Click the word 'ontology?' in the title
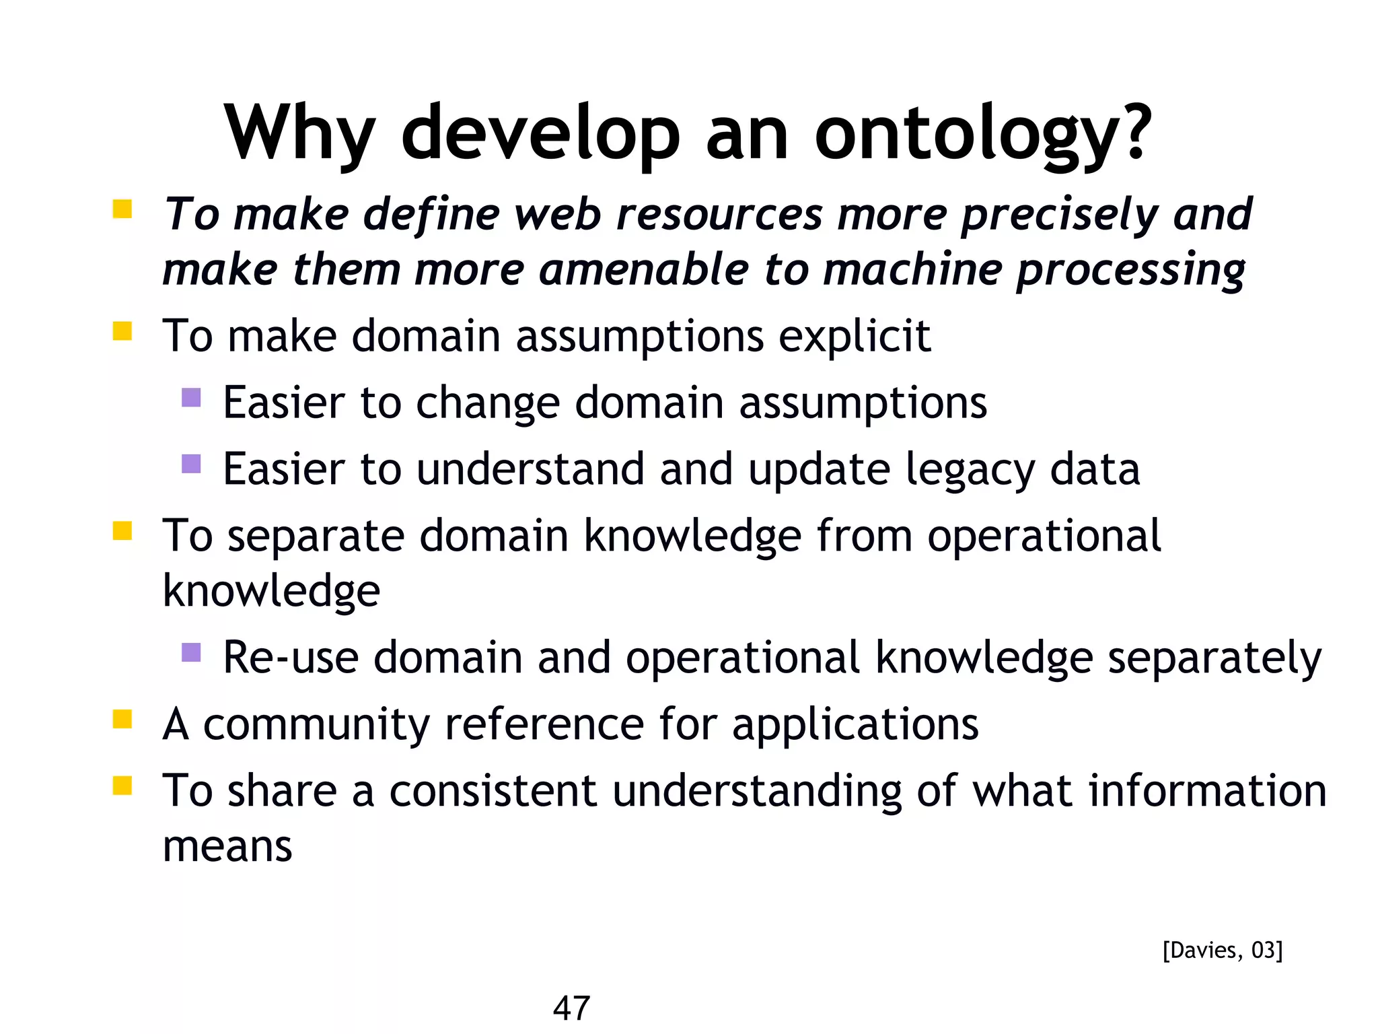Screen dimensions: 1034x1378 pyautogui.click(x=983, y=135)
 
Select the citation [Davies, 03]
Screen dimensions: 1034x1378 pyautogui.click(x=1222, y=950)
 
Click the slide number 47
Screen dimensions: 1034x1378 pyautogui.click(x=571, y=1008)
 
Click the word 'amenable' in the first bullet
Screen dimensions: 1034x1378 pyautogui.click(x=644, y=269)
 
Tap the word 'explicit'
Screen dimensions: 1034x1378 pyautogui.click(x=855, y=336)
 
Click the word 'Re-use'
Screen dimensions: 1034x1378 pyautogui.click(x=291, y=657)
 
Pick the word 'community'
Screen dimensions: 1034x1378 pyautogui.click(x=316, y=724)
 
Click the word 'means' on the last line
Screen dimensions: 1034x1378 pyautogui.click(x=227, y=846)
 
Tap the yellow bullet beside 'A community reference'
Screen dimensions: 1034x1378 pyautogui.click(x=122, y=720)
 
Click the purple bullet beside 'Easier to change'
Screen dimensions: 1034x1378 pyautogui.click(x=191, y=398)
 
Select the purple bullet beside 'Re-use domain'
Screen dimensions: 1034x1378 pyautogui.click(x=191, y=652)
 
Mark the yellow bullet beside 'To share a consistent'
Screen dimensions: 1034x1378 pyautogui.click(x=122, y=786)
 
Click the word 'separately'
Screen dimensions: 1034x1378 pyautogui.click(x=1214, y=658)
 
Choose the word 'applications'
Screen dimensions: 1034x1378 pyautogui.click(x=855, y=726)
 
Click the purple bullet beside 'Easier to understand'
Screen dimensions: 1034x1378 pyautogui.click(x=191, y=464)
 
